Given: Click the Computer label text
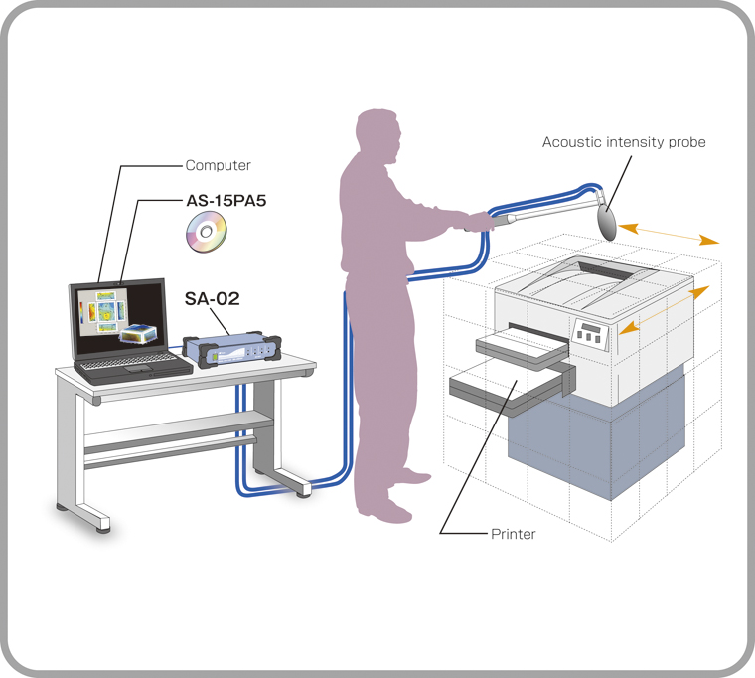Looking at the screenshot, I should (x=219, y=165).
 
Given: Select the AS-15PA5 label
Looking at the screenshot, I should (x=226, y=200).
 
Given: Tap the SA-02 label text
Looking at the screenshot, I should (x=213, y=297).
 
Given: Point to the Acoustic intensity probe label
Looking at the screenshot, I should (x=624, y=142).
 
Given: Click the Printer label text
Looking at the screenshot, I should (x=513, y=534).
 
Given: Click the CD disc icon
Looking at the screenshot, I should (x=207, y=234).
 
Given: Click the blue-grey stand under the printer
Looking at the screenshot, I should (x=596, y=437).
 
